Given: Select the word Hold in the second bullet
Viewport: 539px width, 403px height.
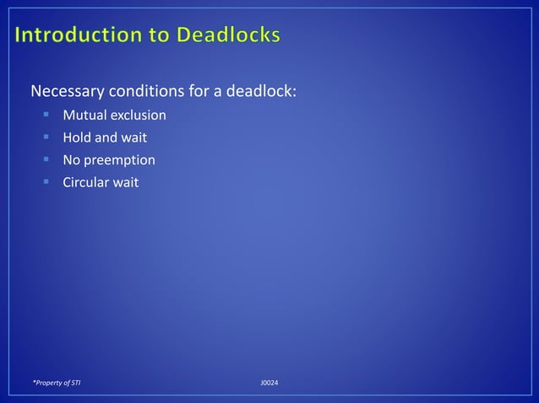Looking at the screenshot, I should [78, 137].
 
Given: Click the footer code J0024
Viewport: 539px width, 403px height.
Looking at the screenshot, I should [269, 384].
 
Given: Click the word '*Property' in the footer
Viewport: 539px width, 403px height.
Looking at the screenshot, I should [48, 384].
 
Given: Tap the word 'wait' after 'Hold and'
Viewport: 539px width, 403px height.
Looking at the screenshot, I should [133, 137].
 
